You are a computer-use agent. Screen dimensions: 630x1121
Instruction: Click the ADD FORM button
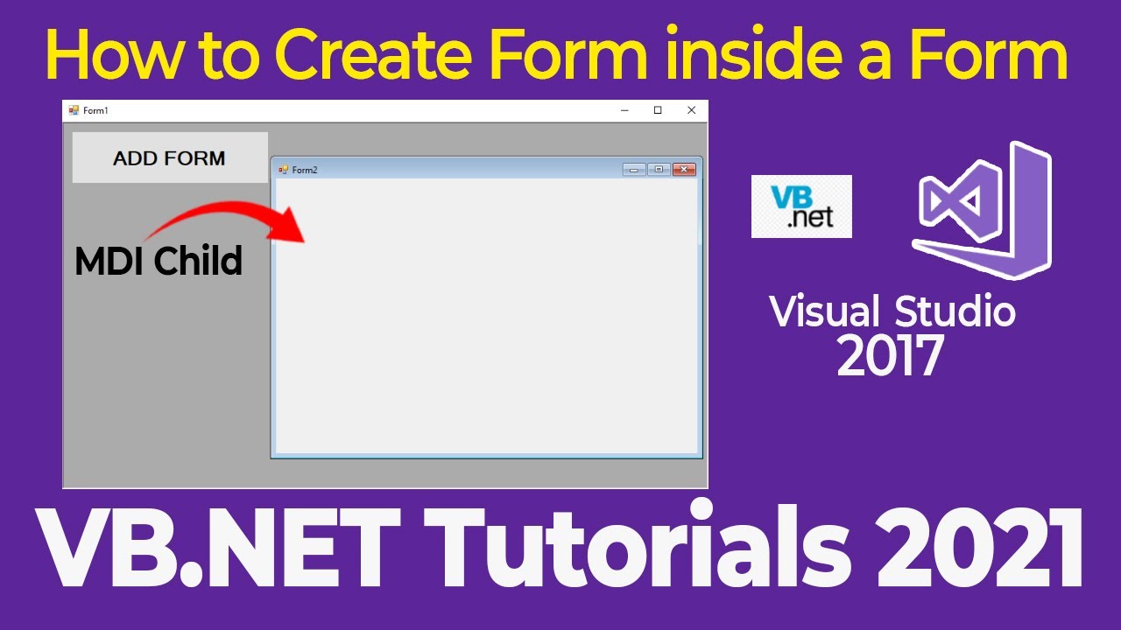[170, 158]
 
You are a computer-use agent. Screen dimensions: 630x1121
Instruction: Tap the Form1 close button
[691, 110]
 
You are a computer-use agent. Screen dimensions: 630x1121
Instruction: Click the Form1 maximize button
[658, 110]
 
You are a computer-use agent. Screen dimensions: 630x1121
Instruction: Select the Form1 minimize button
[624, 110]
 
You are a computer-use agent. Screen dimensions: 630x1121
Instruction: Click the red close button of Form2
[684, 170]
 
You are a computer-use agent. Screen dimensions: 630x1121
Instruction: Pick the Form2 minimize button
[633, 170]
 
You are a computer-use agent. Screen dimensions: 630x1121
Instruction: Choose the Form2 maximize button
[659, 170]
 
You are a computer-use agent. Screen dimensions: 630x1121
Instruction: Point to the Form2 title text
[305, 170]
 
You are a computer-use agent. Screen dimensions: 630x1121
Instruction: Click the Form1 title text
[95, 111]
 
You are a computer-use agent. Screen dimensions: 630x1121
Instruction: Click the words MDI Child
[159, 261]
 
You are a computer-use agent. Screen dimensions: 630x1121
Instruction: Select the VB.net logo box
[801, 206]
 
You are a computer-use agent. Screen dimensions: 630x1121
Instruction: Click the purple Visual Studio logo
[981, 210]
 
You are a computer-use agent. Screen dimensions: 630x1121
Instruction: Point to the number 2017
[890, 355]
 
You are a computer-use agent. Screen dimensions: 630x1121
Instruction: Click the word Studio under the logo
[955, 311]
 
